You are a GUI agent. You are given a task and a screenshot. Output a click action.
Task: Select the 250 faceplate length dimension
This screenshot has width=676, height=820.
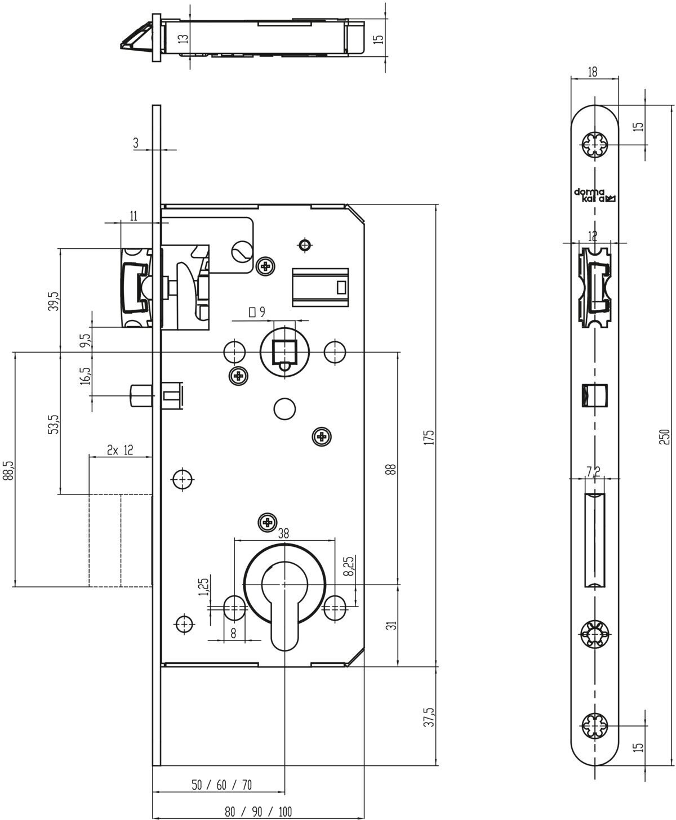coord(664,436)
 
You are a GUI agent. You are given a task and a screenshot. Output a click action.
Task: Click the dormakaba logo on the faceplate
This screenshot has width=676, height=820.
coord(595,195)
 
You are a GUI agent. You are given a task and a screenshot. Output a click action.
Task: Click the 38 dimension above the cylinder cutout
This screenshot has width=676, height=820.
coord(283,533)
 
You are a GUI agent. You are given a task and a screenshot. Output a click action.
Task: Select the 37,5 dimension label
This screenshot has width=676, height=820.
coord(430,717)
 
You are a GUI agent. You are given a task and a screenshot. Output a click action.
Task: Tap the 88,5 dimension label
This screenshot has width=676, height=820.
coord(8,470)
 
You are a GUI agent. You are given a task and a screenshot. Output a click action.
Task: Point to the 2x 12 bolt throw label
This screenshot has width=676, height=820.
coord(120,449)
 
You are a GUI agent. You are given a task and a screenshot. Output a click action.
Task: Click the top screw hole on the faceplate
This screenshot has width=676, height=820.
coord(594,145)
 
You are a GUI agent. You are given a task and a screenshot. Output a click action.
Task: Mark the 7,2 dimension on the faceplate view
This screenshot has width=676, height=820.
coord(594,471)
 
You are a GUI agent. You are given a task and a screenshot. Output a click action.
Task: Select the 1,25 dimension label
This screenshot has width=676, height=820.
coord(204,587)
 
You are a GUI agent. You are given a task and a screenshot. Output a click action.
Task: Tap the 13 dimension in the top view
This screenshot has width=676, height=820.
coord(184,38)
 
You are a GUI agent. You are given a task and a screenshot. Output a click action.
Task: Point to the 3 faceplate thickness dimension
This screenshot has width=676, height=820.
coord(136,143)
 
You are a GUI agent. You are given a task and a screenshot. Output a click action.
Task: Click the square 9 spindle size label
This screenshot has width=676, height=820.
coord(257,312)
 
